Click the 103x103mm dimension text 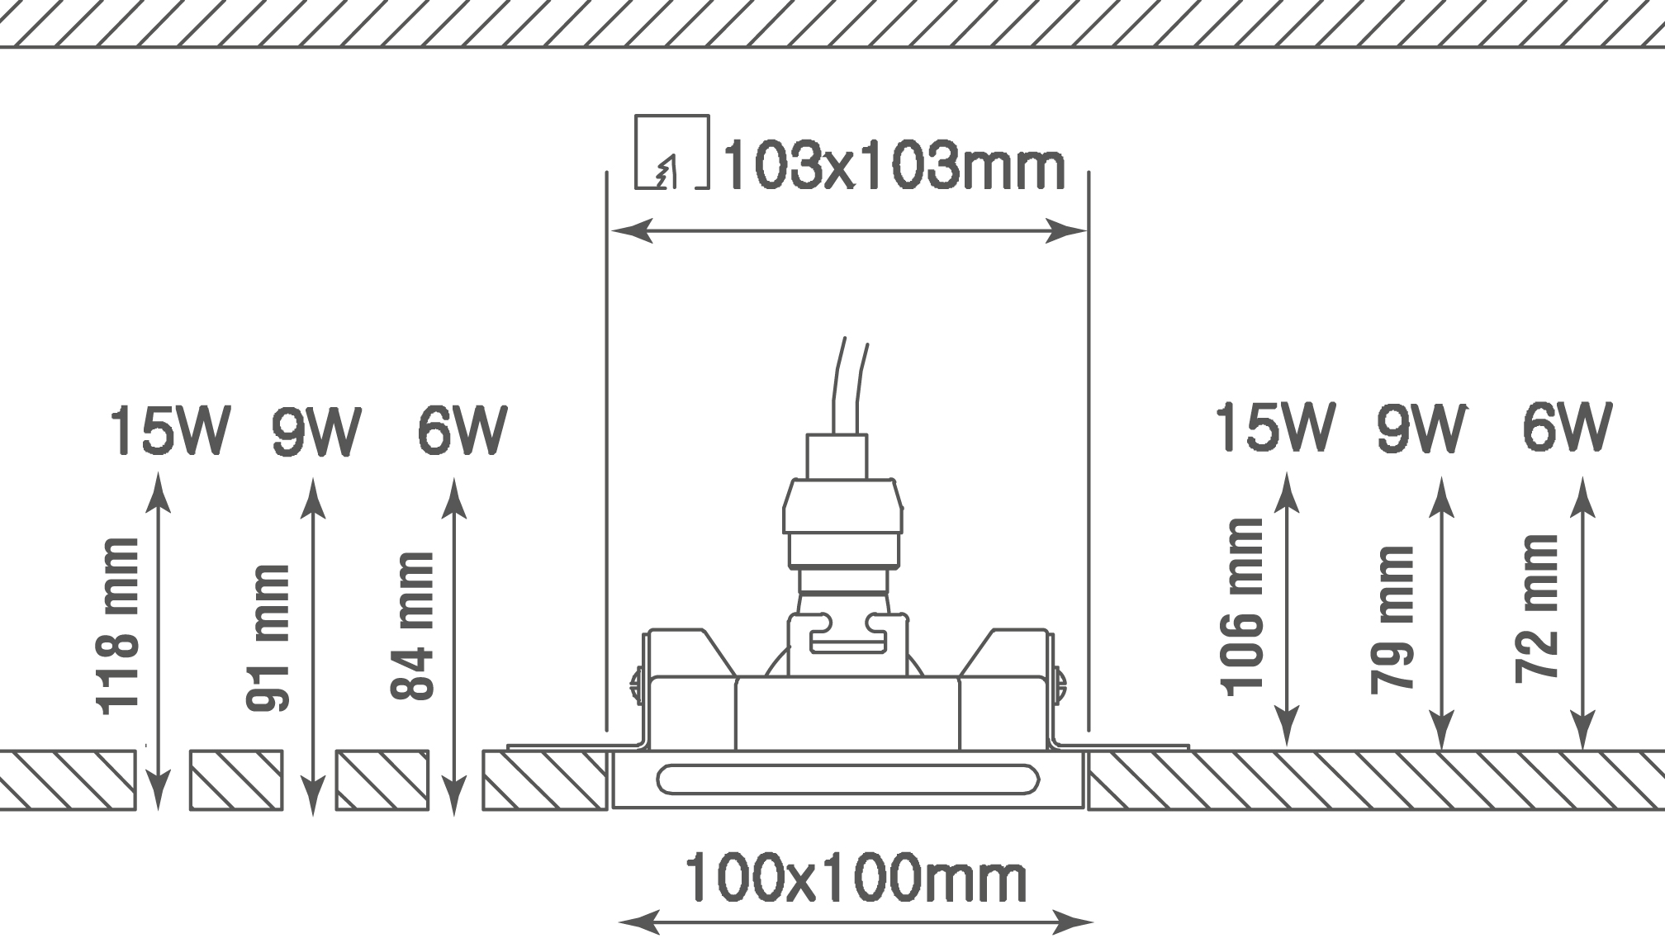coord(894,168)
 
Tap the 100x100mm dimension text coord(856,878)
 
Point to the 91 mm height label coord(268,637)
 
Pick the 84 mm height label coord(412,626)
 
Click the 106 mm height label coord(1242,607)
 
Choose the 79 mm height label coord(1392,619)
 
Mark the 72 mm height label coord(1537,609)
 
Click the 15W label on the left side coord(169,430)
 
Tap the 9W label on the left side coord(316,430)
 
